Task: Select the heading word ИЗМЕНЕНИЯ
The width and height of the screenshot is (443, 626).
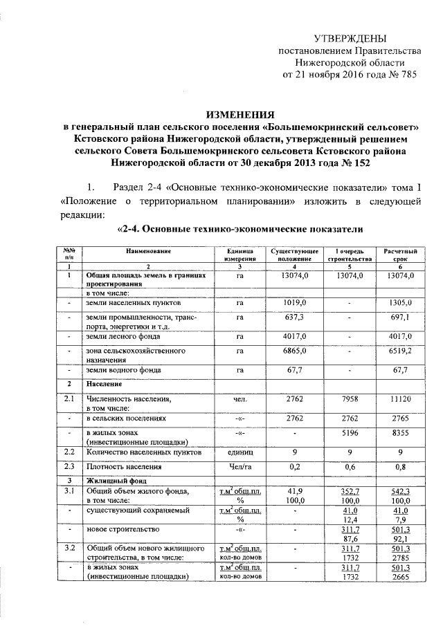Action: [x=242, y=115]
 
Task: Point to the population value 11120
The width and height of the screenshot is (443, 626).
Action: [x=399, y=399]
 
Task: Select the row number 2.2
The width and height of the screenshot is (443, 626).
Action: [x=69, y=452]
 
